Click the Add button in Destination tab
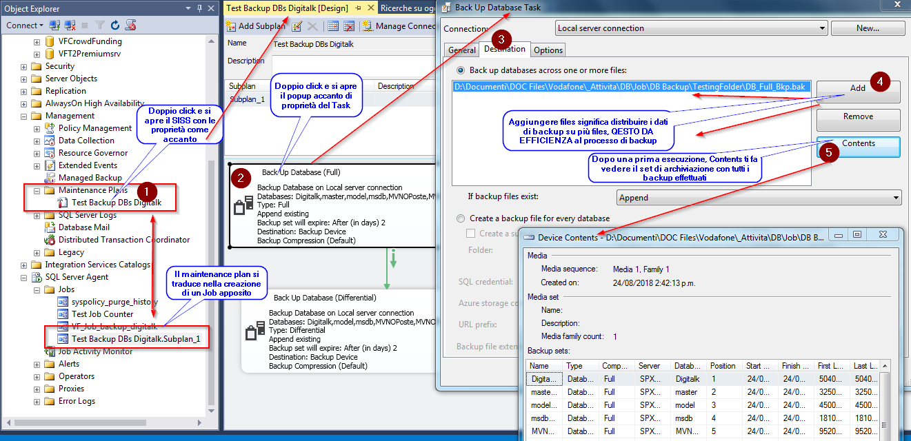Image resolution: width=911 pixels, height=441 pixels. [857, 88]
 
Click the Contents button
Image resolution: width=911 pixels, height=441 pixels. [858, 143]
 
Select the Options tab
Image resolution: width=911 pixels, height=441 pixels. [548, 50]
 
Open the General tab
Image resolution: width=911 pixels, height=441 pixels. [461, 50]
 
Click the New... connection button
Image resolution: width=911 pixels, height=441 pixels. [867, 28]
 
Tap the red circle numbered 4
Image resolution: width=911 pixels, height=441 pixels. [879, 82]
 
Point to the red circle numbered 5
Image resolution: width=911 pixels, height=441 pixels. [829, 152]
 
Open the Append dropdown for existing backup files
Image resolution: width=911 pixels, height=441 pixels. [759, 198]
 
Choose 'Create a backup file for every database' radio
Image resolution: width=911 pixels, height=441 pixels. [461, 218]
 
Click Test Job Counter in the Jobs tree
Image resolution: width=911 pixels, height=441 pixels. [102, 314]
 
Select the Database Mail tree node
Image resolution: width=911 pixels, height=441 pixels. [83, 227]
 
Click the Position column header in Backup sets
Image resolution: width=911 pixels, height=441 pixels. [723, 366]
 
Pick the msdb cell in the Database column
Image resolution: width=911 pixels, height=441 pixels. [687, 418]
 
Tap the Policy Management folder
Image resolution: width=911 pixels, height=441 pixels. [94, 128]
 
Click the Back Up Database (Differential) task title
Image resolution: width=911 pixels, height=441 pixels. [324, 298]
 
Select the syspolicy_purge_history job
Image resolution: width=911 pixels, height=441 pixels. [114, 302]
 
